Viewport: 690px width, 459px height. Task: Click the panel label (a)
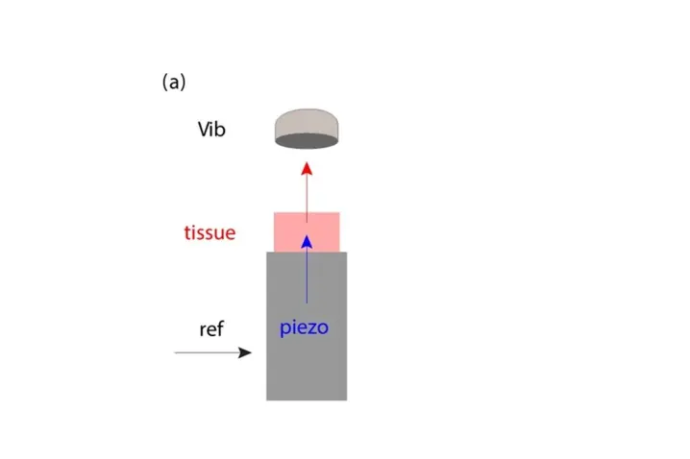point(173,83)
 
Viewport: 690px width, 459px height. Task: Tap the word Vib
point(211,129)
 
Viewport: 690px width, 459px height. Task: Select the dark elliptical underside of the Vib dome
point(307,140)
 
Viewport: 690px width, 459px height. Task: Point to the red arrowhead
point(307,169)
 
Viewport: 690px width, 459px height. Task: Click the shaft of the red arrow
point(307,197)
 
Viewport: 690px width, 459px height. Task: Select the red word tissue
point(209,232)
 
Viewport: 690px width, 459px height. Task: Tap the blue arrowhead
point(307,242)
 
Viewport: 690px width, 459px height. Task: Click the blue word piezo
point(305,327)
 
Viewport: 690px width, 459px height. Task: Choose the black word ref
point(211,329)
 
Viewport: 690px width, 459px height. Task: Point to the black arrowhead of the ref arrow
point(245,352)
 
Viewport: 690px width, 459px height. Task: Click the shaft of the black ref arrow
point(207,352)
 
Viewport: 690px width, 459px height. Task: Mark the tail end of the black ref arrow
point(176,352)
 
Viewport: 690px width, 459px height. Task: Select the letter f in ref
point(220,328)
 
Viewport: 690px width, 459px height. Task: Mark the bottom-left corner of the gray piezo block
point(267,399)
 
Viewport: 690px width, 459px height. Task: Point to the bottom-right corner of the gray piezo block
point(346,399)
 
